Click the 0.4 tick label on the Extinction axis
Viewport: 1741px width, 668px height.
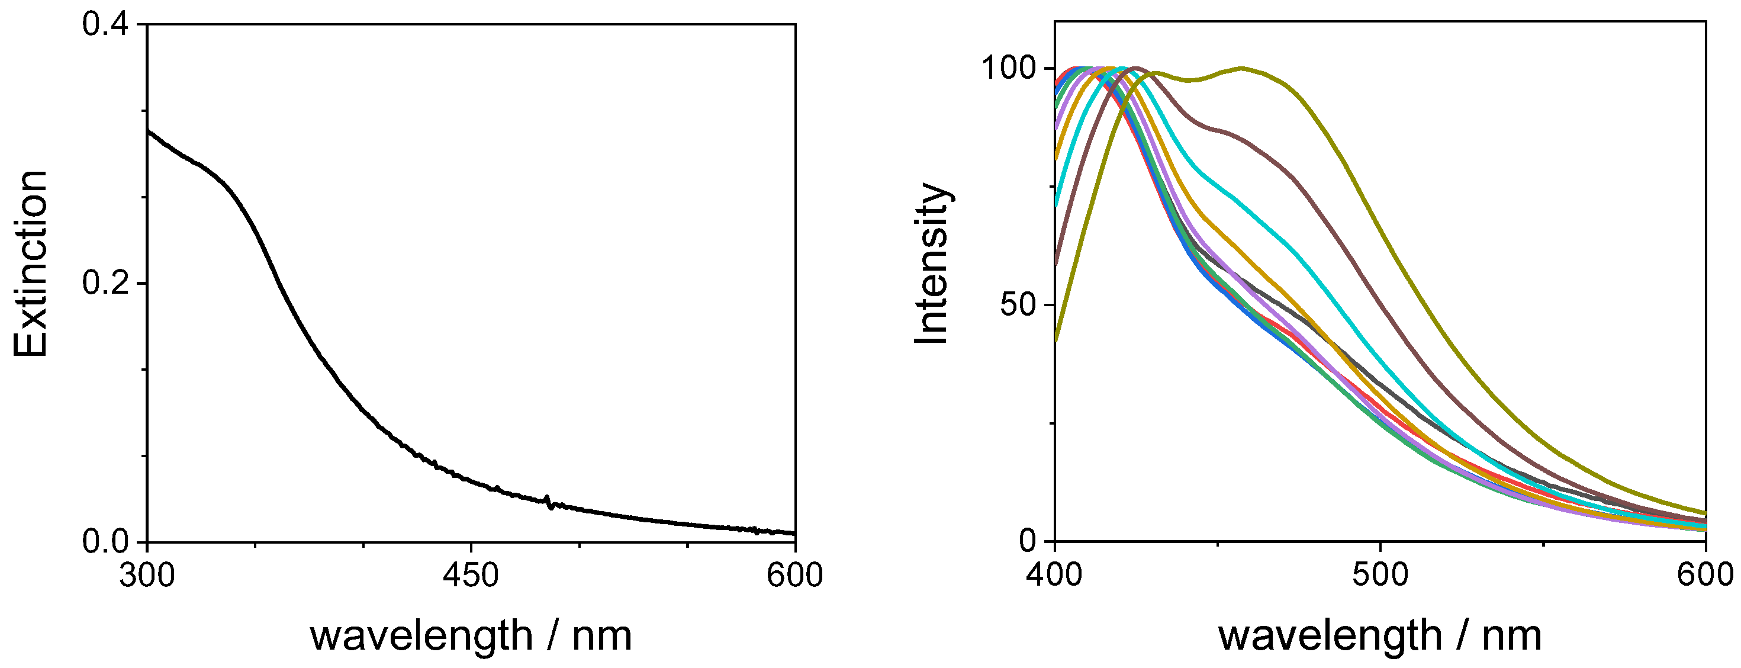coord(104,24)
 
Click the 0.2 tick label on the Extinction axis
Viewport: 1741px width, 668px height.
coord(104,283)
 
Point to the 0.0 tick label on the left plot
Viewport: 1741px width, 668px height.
coord(105,542)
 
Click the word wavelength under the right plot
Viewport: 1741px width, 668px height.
coord(1330,636)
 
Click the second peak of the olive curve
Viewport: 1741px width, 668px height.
coord(1241,68)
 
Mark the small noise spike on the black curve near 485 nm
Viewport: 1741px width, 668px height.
coord(549,502)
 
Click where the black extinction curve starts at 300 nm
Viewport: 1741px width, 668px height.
coord(148,130)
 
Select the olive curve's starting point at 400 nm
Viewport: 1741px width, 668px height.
coord(1055,342)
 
